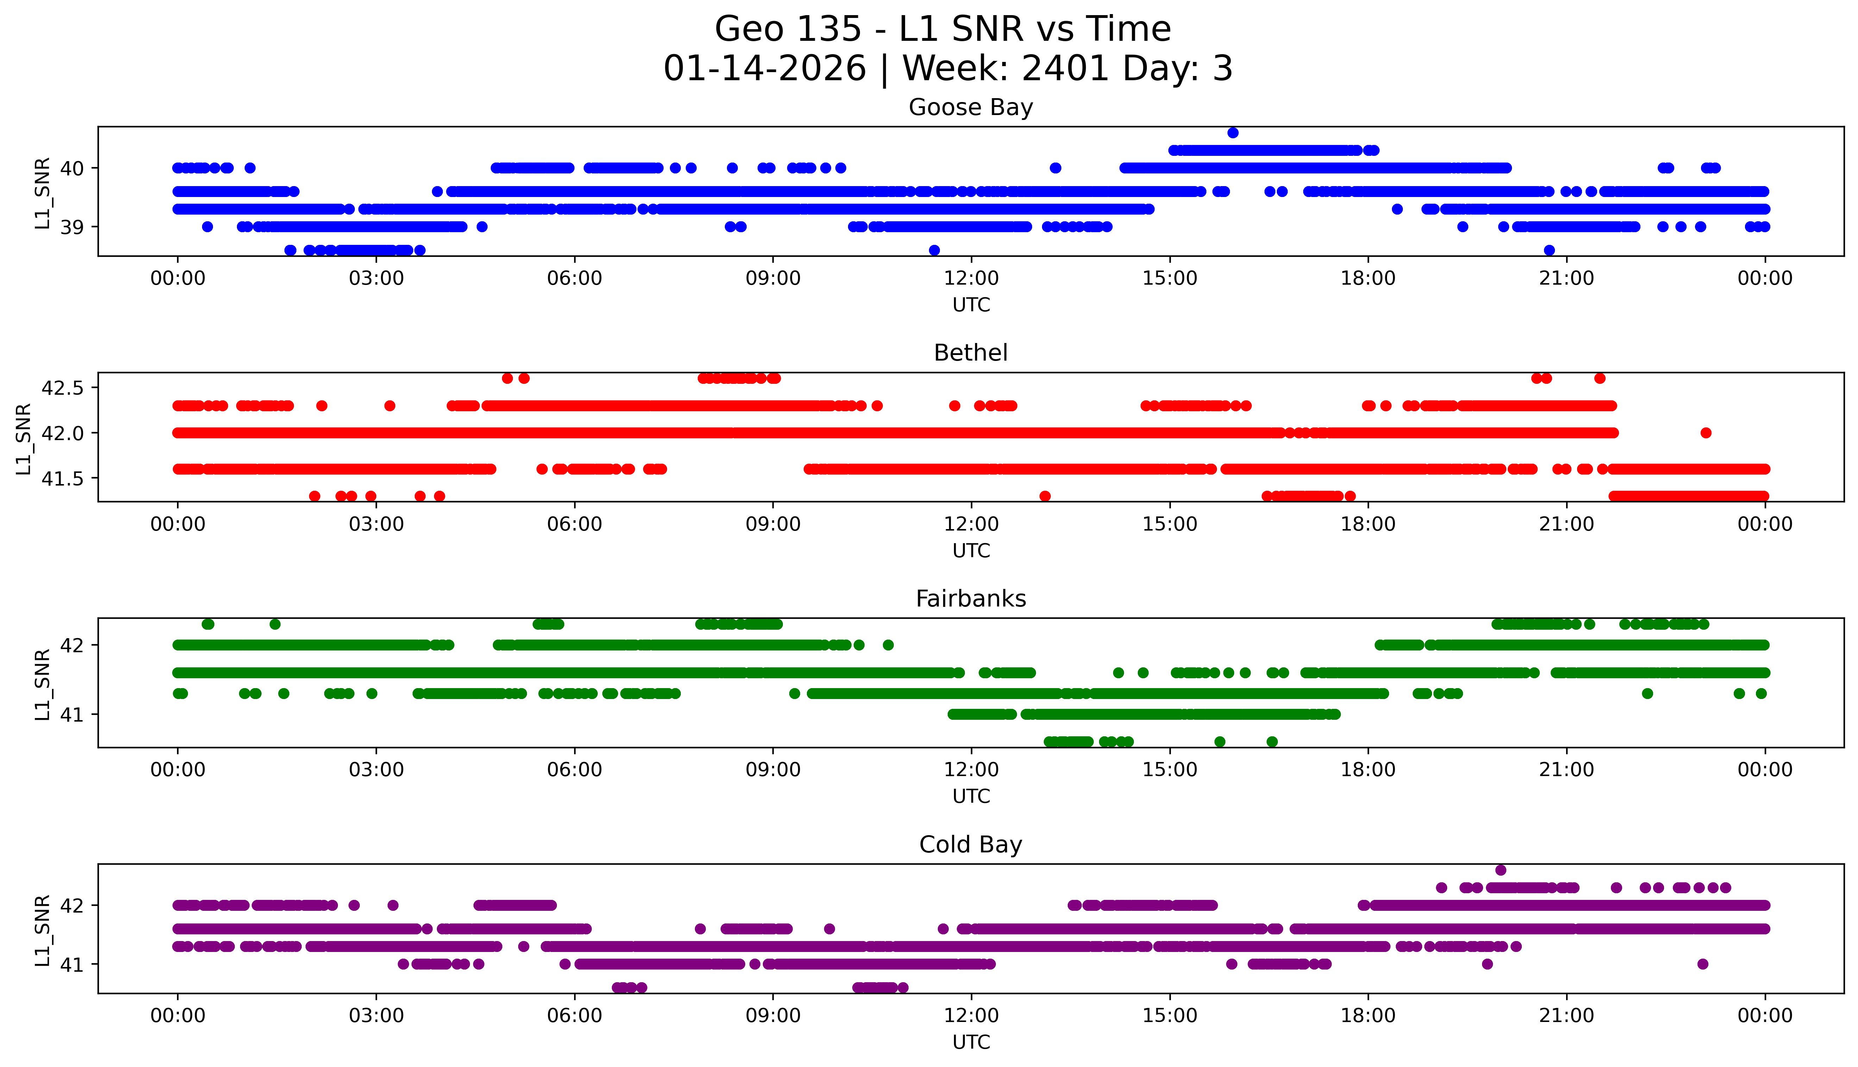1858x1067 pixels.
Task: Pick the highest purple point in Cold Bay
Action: pyautogui.click(x=1500, y=870)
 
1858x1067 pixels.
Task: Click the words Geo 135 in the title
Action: pyautogui.click(x=787, y=29)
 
